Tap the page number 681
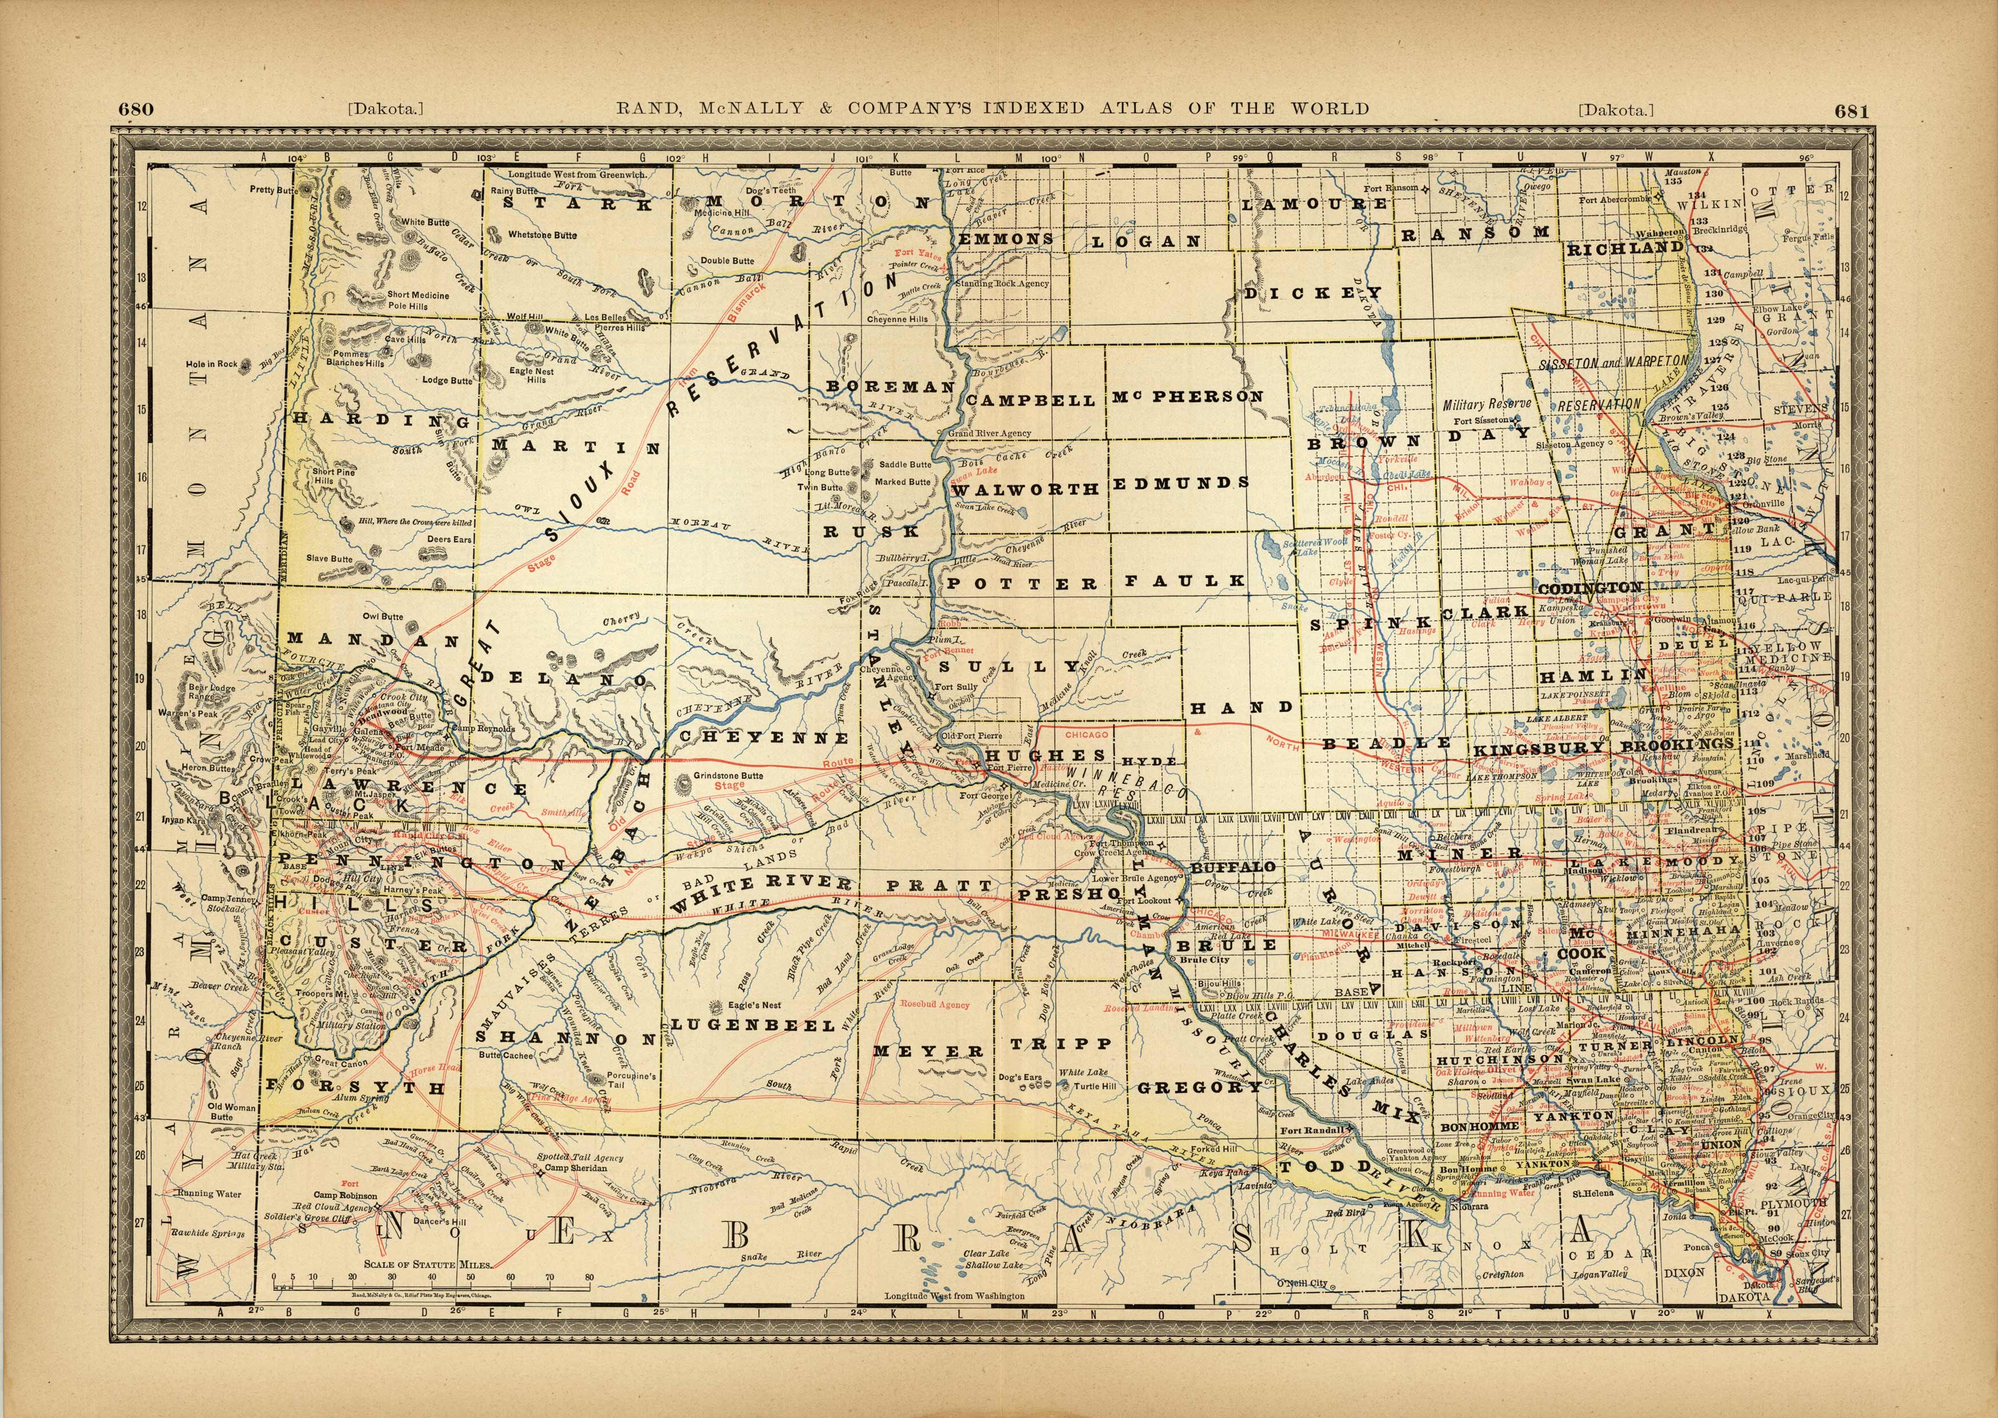tap(1851, 111)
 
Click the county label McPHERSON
tap(1187, 397)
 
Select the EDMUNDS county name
tap(1181, 483)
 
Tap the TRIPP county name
tap(1061, 1044)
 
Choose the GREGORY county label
tap(1199, 1087)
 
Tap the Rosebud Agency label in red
tap(934, 1004)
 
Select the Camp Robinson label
tap(346, 1195)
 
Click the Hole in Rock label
tap(211, 364)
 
